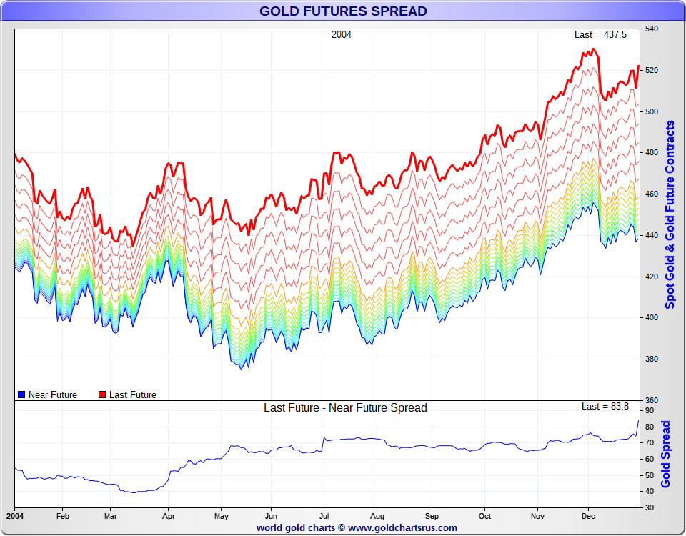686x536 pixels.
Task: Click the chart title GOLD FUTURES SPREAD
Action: [x=343, y=11]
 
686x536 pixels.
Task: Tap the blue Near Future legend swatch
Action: [x=21, y=394]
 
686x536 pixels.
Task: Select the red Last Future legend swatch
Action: [x=102, y=394]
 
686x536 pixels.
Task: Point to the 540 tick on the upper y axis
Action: [x=652, y=29]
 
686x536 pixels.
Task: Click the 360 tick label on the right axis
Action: [x=652, y=400]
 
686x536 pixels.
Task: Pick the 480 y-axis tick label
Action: [x=652, y=153]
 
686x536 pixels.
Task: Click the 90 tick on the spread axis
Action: [x=650, y=411]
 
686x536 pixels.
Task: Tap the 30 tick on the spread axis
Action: [x=650, y=507]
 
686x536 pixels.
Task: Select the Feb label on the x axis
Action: [x=63, y=515]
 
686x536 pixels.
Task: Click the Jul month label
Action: [x=324, y=515]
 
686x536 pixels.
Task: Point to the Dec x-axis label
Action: [x=588, y=515]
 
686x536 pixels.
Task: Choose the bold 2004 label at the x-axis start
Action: [x=16, y=515]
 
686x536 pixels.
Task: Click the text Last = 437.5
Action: [x=602, y=35]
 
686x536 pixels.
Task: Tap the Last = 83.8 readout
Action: [x=605, y=406]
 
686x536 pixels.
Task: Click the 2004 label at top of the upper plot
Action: [x=342, y=35]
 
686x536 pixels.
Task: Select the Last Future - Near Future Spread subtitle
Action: [x=345, y=408]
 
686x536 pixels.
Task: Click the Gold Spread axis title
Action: [x=666, y=454]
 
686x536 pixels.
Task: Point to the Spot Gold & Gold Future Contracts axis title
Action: [x=670, y=214]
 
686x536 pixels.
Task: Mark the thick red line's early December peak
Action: [x=593, y=49]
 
